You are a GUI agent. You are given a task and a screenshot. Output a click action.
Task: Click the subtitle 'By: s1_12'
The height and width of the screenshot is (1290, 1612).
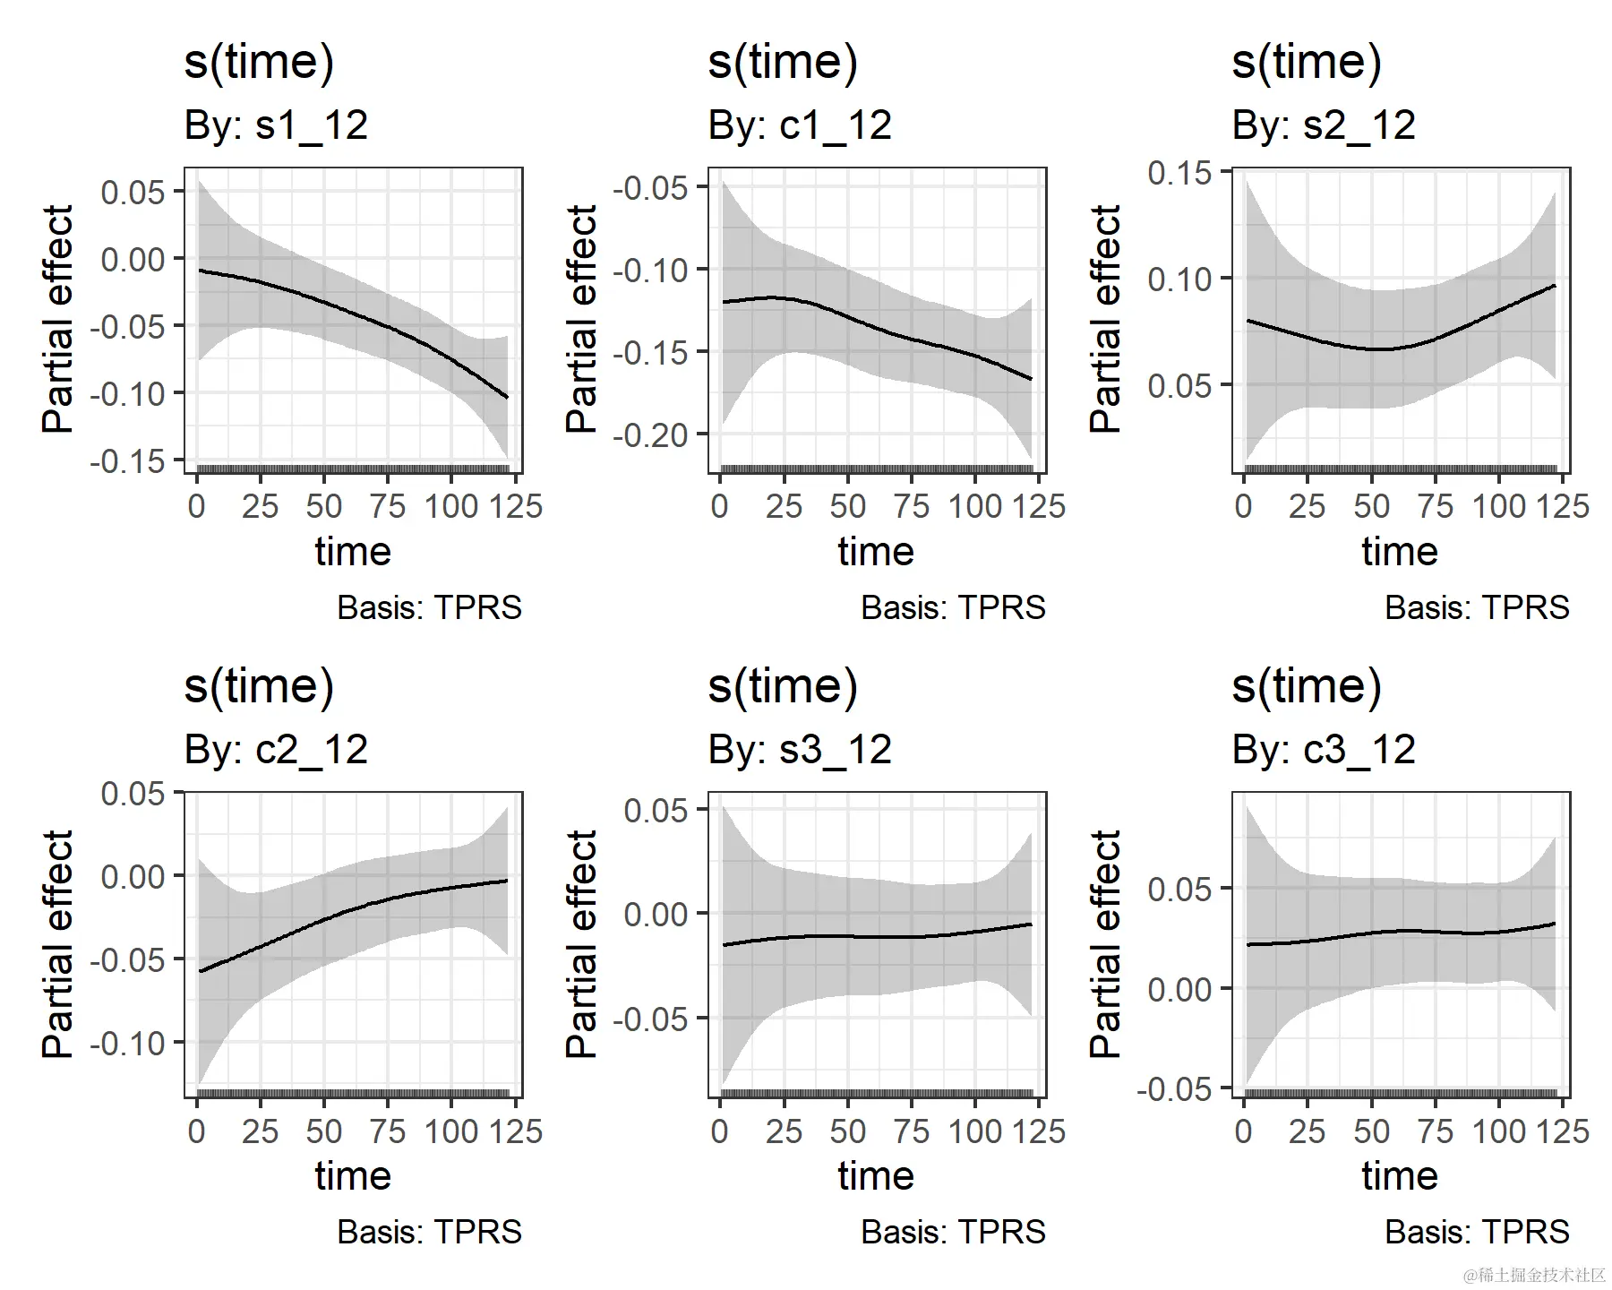276,125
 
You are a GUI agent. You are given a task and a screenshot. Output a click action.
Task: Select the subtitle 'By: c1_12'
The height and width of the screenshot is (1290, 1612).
800,125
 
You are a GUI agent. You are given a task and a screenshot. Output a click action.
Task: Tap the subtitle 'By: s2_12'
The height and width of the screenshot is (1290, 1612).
1324,125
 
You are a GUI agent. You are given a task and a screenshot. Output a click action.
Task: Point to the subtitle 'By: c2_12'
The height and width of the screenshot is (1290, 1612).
276,750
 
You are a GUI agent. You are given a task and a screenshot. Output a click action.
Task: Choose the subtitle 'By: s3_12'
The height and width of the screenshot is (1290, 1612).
800,750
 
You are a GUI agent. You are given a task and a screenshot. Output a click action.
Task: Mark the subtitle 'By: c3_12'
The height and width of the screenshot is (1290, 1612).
1324,750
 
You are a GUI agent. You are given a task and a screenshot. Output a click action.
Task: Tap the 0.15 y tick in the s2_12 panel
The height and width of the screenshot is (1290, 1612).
1180,173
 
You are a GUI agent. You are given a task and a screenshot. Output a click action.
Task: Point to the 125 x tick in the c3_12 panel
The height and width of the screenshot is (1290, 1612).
1563,1131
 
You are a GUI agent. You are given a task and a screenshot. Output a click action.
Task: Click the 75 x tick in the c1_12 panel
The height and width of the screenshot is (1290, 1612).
912,507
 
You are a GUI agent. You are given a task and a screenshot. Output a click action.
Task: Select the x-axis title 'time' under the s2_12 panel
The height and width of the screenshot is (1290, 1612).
1400,552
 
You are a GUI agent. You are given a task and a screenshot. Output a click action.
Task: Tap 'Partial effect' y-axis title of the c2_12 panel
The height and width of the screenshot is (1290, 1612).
57,944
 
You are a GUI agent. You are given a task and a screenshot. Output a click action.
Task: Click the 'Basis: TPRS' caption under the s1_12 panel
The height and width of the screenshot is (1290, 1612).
429,608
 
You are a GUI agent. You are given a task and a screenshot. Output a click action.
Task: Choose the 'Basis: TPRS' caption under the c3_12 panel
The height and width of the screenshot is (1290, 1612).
1477,1233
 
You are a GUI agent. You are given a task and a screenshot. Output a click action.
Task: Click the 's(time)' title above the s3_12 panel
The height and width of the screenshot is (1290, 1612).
783,686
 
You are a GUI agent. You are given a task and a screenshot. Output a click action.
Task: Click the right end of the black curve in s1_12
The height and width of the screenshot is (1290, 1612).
507,397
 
